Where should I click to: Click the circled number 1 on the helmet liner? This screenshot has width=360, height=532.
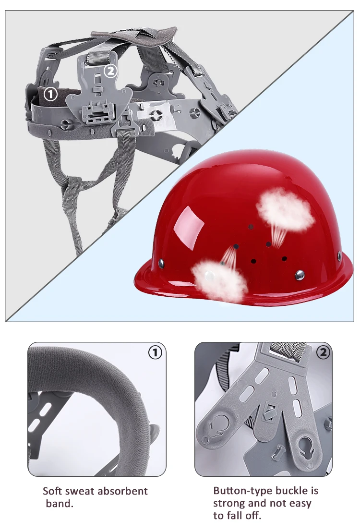(51, 94)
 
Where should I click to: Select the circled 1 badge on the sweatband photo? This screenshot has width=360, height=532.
(155, 352)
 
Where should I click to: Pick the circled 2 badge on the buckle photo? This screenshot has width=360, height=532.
(323, 352)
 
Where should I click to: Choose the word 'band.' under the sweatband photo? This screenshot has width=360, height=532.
(59, 504)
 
